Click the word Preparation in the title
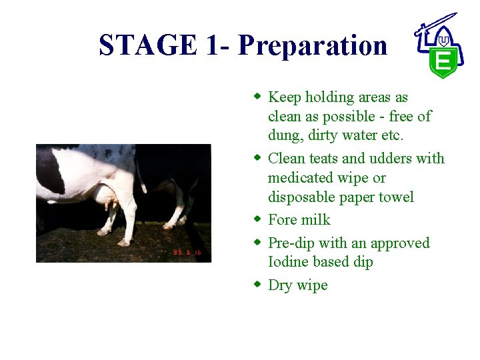tap(312, 45)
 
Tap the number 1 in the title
tap(213, 45)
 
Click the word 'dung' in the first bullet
tap(285, 136)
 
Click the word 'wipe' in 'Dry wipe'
tap(312, 285)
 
